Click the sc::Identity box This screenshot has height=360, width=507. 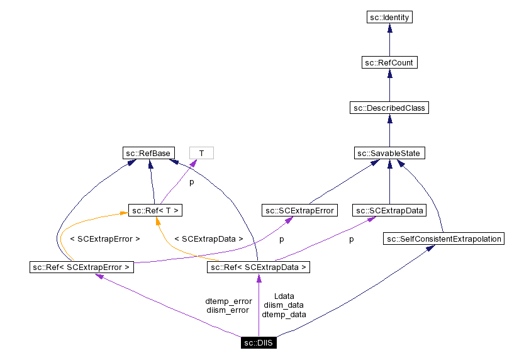(389, 18)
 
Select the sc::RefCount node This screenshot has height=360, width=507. (389, 63)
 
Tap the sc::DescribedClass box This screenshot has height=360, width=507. (389, 108)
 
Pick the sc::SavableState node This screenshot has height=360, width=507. (389, 153)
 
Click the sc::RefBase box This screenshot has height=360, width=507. (147, 153)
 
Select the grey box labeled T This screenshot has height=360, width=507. (201, 153)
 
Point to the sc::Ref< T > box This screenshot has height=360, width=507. (156, 210)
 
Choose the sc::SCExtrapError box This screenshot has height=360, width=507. (299, 210)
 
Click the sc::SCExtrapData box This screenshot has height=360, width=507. (389, 210)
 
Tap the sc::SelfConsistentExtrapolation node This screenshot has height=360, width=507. (443, 239)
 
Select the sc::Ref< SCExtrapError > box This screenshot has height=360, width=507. (82, 267)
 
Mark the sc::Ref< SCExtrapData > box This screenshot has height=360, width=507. (259, 267)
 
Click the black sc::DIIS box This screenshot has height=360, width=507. (259, 343)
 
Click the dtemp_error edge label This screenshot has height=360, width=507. (228, 301)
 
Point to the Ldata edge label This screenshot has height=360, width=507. (284, 296)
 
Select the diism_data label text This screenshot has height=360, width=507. (284, 305)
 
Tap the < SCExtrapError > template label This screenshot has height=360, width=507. (104, 239)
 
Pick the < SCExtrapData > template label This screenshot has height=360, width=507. (208, 239)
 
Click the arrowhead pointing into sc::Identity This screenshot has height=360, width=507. (389, 28)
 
